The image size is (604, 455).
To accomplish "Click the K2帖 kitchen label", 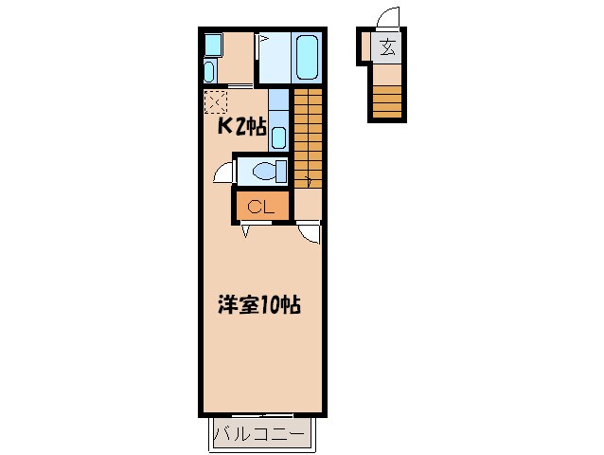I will click(x=242, y=127).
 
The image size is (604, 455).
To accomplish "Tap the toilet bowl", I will click(x=271, y=172).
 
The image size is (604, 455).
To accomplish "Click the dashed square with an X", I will click(x=215, y=100).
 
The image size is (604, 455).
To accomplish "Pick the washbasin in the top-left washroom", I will click(x=209, y=72).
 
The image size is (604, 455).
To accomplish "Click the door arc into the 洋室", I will click(x=309, y=232).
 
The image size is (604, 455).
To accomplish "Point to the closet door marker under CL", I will click(x=246, y=230).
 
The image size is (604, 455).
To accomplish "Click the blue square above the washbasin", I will click(x=211, y=45).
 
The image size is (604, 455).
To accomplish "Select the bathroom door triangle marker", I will click(x=264, y=40).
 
